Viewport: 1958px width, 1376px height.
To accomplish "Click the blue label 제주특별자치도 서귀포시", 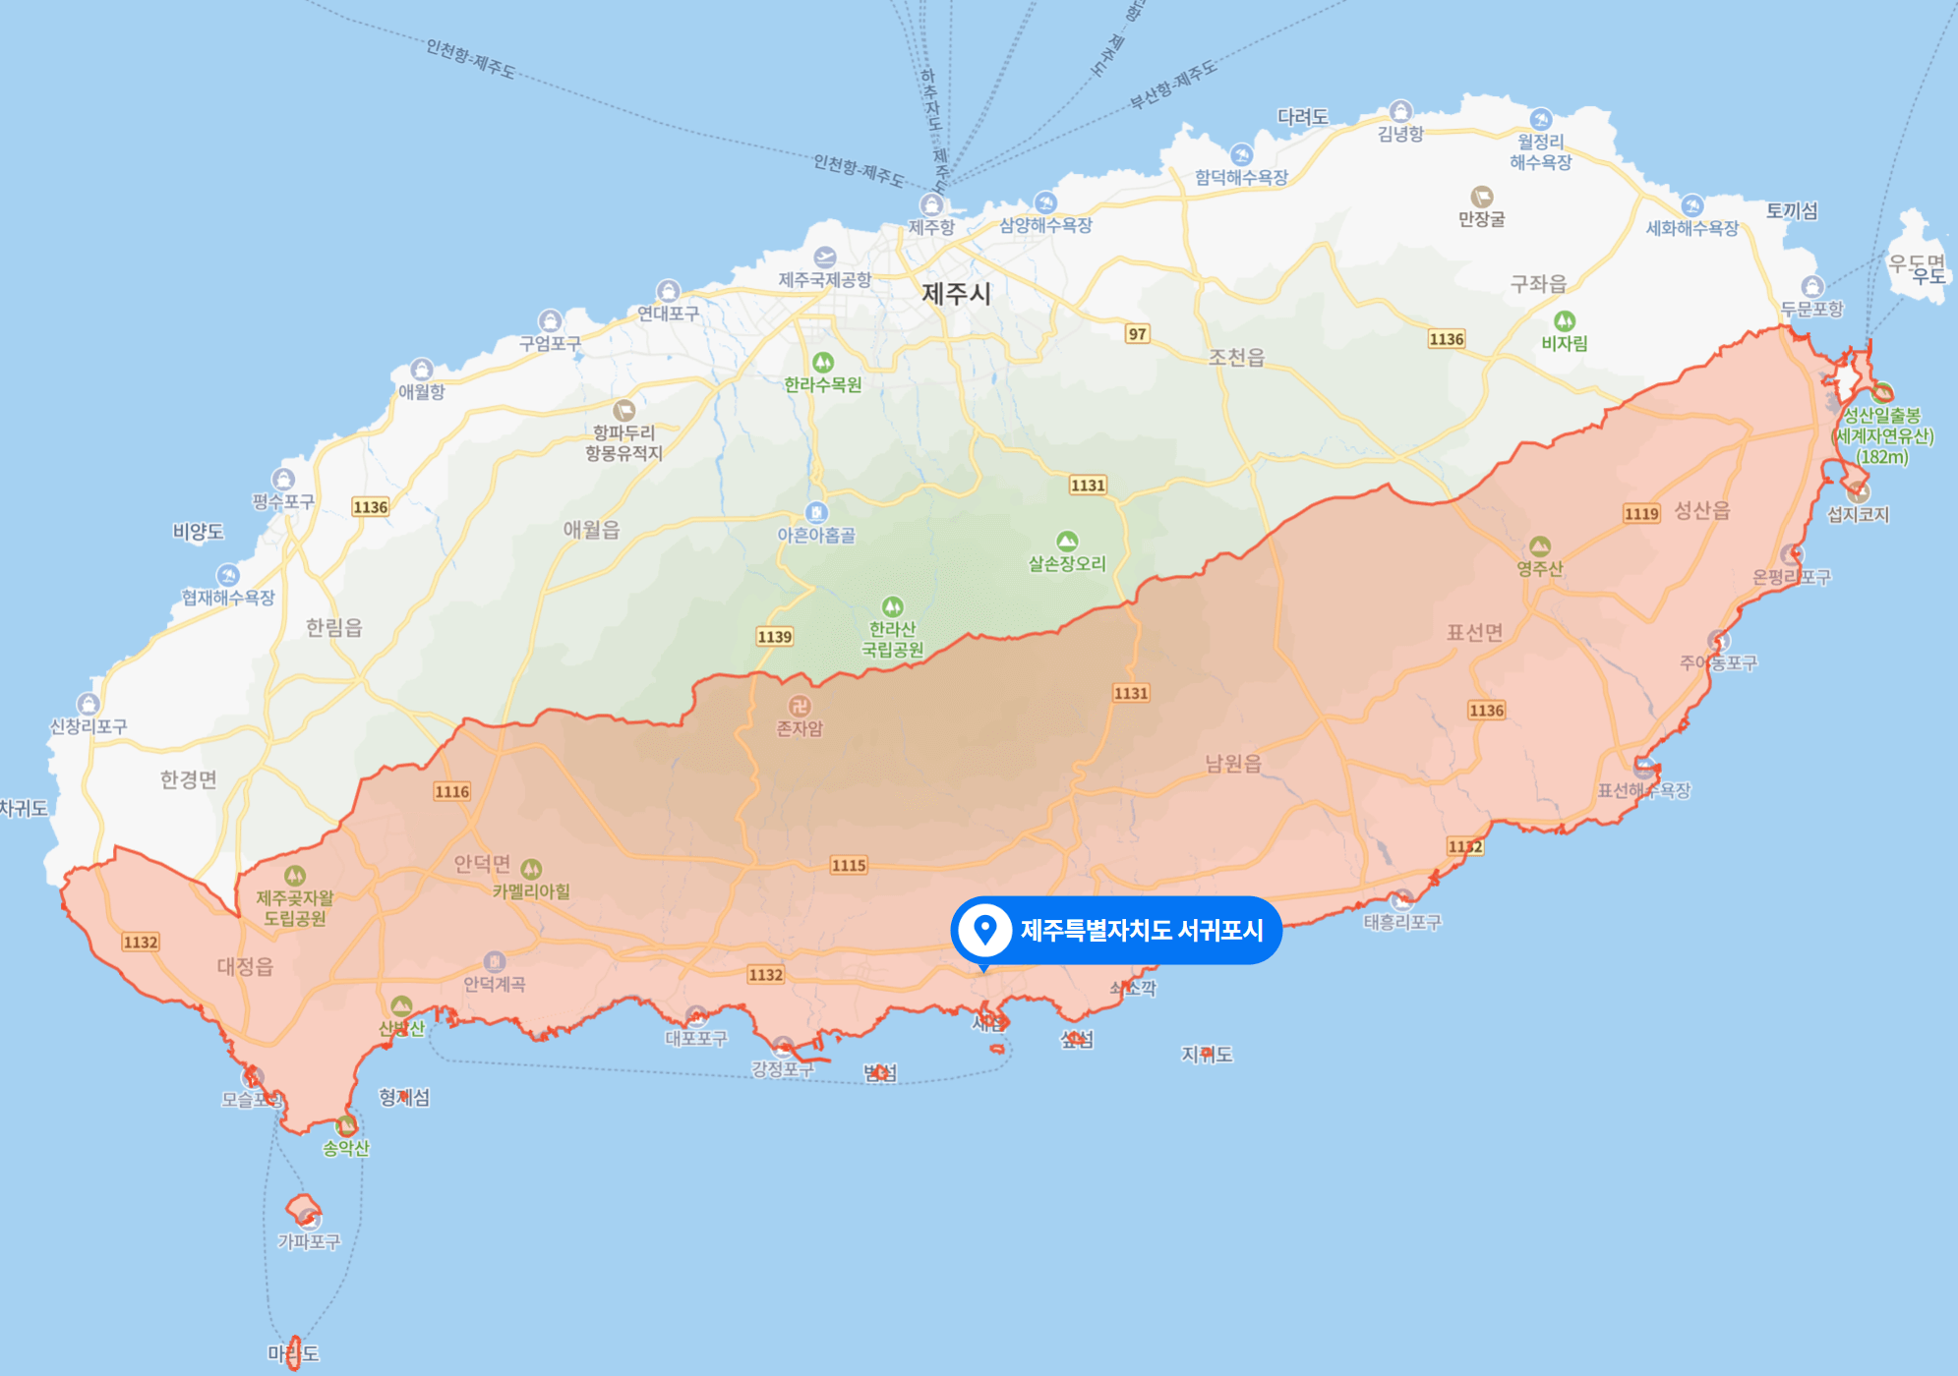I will pyautogui.click(x=1141, y=930).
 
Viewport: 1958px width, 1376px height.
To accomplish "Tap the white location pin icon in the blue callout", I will pyautogui.click(x=984, y=929).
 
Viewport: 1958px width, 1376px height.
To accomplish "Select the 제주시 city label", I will pyautogui.click(x=956, y=294).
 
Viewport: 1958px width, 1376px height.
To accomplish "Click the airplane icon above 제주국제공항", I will pyautogui.click(x=825, y=258).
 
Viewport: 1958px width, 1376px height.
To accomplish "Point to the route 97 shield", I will pyautogui.click(x=1137, y=334).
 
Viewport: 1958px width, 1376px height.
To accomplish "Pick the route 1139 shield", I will pyautogui.click(x=774, y=637).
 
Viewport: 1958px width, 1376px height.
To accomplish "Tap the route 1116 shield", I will pyautogui.click(x=451, y=791).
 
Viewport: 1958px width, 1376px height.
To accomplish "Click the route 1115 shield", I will pyautogui.click(x=848, y=865).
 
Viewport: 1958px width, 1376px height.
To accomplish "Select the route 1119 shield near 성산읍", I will pyautogui.click(x=1640, y=513).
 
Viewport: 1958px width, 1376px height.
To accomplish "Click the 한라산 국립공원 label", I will pyautogui.click(x=892, y=639).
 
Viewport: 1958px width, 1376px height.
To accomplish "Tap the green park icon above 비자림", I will pyautogui.click(x=1564, y=321).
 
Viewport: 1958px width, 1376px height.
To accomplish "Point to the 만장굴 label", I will pyautogui.click(x=1481, y=219).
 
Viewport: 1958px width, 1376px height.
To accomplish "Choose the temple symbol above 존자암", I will pyautogui.click(x=800, y=706).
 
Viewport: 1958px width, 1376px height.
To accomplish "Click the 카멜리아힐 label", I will pyautogui.click(x=531, y=891).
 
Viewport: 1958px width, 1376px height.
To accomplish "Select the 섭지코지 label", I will pyautogui.click(x=1858, y=514).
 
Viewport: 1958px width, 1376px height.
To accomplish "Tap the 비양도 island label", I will pyautogui.click(x=198, y=532).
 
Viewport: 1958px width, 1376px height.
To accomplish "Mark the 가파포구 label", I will pyautogui.click(x=309, y=1241).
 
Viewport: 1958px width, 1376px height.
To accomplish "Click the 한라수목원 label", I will pyautogui.click(x=822, y=384).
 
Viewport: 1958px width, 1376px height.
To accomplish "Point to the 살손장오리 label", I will pyautogui.click(x=1067, y=563).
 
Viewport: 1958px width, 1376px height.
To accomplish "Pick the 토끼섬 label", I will pyautogui.click(x=1791, y=210).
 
